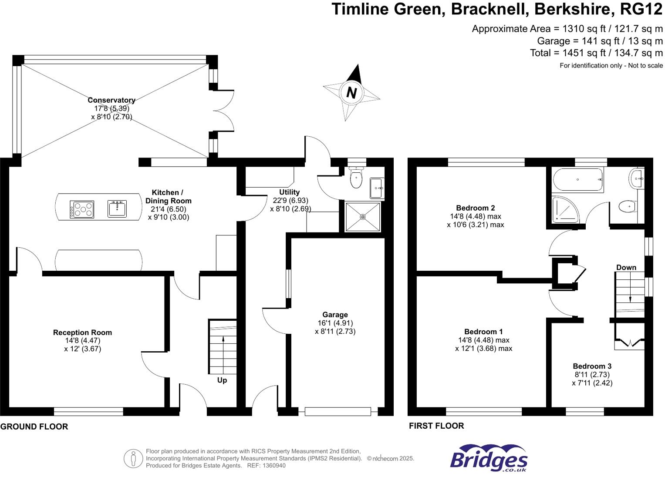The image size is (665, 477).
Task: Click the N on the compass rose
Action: click(351, 93)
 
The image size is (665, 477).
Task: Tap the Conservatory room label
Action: click(111, 100)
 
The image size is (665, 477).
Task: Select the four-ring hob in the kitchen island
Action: click(82, 209)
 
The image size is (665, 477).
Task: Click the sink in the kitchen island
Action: click(117, 209)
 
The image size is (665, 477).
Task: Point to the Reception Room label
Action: click(82, 333)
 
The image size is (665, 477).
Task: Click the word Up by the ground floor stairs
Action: click(222, 380)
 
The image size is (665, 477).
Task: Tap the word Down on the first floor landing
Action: click(626, 268)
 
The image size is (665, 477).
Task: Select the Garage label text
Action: click(335, 315)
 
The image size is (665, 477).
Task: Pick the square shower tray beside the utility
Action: click(362, 217)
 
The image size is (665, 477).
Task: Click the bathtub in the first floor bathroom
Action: click(577, 180)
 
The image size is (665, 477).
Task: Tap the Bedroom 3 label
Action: click(592, 366)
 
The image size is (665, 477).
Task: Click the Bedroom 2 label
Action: click(475, 208)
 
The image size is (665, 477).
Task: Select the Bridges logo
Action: click(489, 458)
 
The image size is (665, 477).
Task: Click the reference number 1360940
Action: click(272, 466)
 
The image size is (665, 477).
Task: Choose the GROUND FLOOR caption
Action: click(34, 427)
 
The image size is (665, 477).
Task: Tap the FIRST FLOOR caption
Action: click(436, 426)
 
